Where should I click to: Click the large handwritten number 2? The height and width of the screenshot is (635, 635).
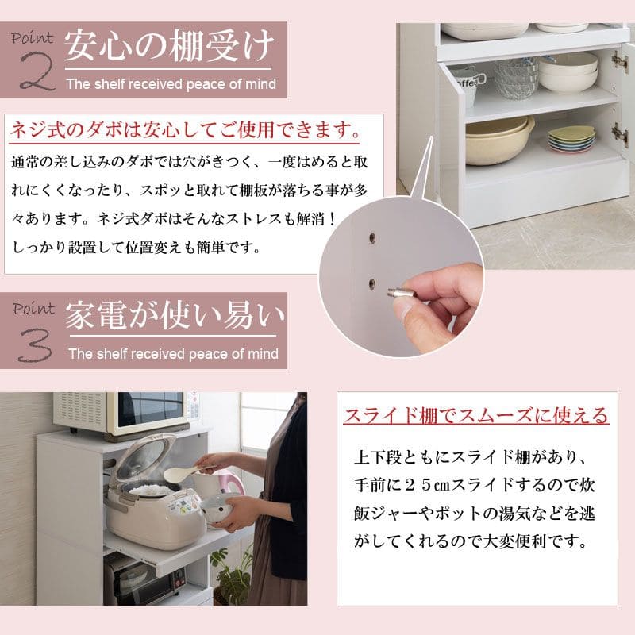(37, 71)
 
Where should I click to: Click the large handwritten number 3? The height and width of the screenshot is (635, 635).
(36, 344)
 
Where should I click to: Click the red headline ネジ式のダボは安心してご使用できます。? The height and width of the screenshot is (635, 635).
(185, 130)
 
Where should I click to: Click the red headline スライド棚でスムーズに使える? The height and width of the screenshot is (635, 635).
(476, 415)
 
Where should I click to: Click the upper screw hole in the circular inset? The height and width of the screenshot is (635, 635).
(371, 237)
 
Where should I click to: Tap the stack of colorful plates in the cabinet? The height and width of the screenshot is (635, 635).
(571, 139)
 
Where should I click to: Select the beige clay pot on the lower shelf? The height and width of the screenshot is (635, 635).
(500, 140)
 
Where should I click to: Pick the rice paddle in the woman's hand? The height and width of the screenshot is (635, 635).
(187, 472)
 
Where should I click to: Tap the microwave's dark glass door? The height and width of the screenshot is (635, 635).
(150, 409)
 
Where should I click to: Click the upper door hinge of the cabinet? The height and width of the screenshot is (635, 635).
(619, 61)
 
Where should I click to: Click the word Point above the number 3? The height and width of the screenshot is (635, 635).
(33, 309)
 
